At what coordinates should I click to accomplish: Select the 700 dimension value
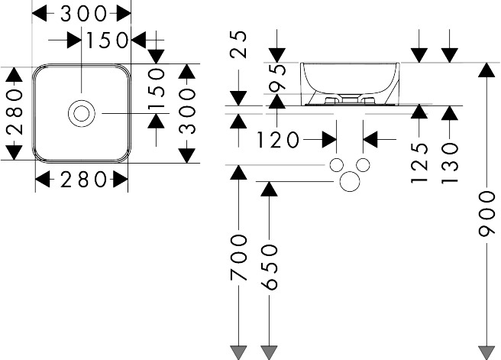click(238, 258)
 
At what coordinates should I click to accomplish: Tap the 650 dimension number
click(269, 268)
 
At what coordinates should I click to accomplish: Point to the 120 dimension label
click(278, 140)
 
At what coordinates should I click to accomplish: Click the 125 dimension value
click(419, 163)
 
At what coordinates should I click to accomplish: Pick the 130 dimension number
click(449, 164)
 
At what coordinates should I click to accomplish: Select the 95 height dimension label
click(276, 78)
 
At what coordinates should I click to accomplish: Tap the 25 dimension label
click(238, 44)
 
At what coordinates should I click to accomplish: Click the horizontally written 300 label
click(83, 14)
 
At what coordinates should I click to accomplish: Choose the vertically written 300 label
click(186, 112)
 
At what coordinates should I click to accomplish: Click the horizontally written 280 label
click(83, 180)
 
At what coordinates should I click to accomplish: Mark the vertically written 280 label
click(15, 112)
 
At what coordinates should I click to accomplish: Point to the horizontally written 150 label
click(107, 41)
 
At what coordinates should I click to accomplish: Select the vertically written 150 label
click(157, 88)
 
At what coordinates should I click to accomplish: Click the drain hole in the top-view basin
click(82, 113)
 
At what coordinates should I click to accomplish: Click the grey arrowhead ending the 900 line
click(486, 353)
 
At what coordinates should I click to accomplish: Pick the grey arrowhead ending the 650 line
click(269, 353)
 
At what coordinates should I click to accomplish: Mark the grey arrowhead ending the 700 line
click(238, 353)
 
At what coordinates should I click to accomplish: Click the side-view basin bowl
click(350, 84)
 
